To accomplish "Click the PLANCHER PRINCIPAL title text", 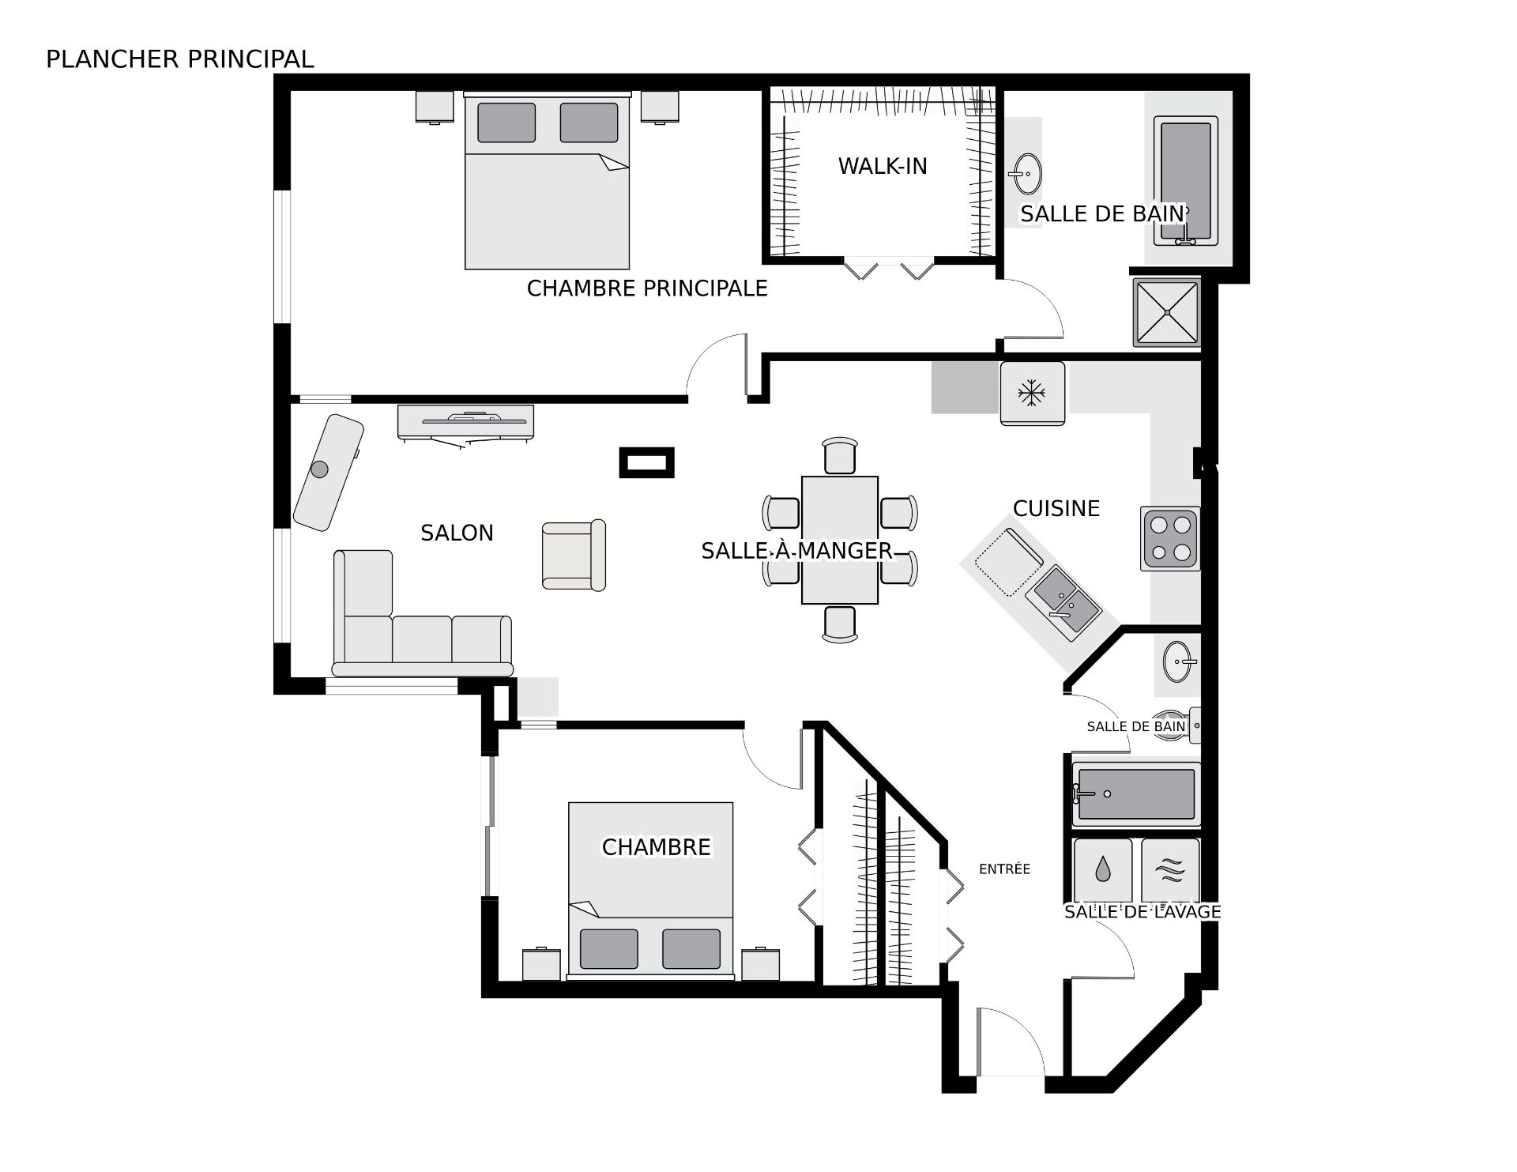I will (179, 59).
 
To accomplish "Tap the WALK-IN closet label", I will (882, 166).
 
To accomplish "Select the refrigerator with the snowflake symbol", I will (1032, 393).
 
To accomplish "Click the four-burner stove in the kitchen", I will (1170, 538).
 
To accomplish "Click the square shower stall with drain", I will (1167, 312).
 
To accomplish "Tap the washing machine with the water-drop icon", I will (1102, 870).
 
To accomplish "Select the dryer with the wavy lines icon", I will (1170, 870).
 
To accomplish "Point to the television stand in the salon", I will (465, 420).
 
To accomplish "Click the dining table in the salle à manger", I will (839, 540).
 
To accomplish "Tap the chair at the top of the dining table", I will (839, 454).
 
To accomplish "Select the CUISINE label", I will (1056, 508).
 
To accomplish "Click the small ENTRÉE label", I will (1004, 869).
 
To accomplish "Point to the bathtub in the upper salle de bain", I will (1185, 179).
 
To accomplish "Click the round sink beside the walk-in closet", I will (1026, 173).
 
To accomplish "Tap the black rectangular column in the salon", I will (646, 462).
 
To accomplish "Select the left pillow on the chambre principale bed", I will (506, 122).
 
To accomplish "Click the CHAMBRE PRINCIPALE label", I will (646, 288).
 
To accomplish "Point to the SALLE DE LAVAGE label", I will (1142, 911).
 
